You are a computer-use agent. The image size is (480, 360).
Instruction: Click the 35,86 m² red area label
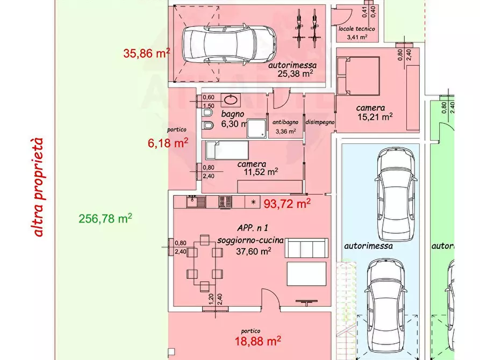[x=147, y=53]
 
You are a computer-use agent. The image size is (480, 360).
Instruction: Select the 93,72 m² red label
[x=287, y=204]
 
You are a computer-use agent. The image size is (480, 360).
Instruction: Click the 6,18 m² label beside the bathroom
[x=168, y=143]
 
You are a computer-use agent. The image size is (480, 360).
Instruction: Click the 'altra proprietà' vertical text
[x=38, y=188]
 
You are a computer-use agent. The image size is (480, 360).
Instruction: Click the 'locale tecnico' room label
[x=356, y=28]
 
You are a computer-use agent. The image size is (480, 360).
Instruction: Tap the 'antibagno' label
[x=285, y=122]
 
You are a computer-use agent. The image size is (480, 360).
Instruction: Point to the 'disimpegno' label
[x=320, y=122]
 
